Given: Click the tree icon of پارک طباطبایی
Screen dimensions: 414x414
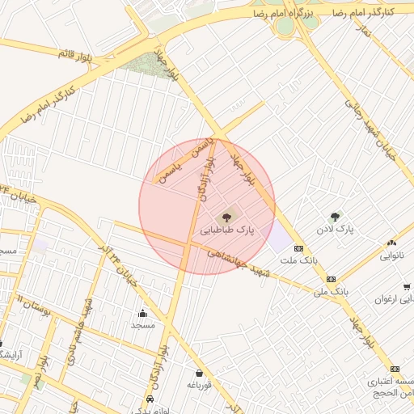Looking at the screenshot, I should click(226, 216).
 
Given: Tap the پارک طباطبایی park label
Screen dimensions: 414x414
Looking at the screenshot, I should click(227, 230).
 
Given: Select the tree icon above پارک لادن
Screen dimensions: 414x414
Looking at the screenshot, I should click(335, 216).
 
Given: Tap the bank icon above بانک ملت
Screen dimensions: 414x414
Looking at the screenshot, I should click(298, 247).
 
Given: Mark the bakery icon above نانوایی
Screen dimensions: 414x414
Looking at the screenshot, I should click(392, 242).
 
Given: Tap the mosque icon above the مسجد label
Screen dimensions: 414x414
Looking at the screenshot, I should click(142, 312).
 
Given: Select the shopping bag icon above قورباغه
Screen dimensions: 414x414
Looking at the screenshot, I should click(198, 373).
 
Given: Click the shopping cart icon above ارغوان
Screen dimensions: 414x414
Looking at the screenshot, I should click(406, 286).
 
